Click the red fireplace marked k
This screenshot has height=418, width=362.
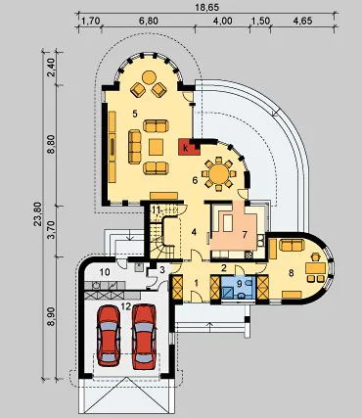188,148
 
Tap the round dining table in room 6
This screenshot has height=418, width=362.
219,173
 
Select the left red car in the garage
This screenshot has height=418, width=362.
109,335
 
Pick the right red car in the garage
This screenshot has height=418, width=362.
144,336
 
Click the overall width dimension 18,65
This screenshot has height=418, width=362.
207,7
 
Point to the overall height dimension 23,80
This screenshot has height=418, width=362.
38,213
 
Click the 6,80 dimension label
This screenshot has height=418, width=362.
149,21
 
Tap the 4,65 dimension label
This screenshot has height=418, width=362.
302,21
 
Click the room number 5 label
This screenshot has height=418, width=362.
135,114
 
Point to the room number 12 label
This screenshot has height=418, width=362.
126,306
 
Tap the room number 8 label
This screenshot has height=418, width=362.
291,273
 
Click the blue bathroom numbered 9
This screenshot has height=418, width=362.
238,287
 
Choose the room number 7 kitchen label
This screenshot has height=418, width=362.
245,234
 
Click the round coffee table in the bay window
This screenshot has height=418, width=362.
150,77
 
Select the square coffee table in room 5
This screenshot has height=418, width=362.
156,147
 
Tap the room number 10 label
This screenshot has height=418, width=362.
105,271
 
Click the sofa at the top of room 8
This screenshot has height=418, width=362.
293,245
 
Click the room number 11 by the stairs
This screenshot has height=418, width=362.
156,209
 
